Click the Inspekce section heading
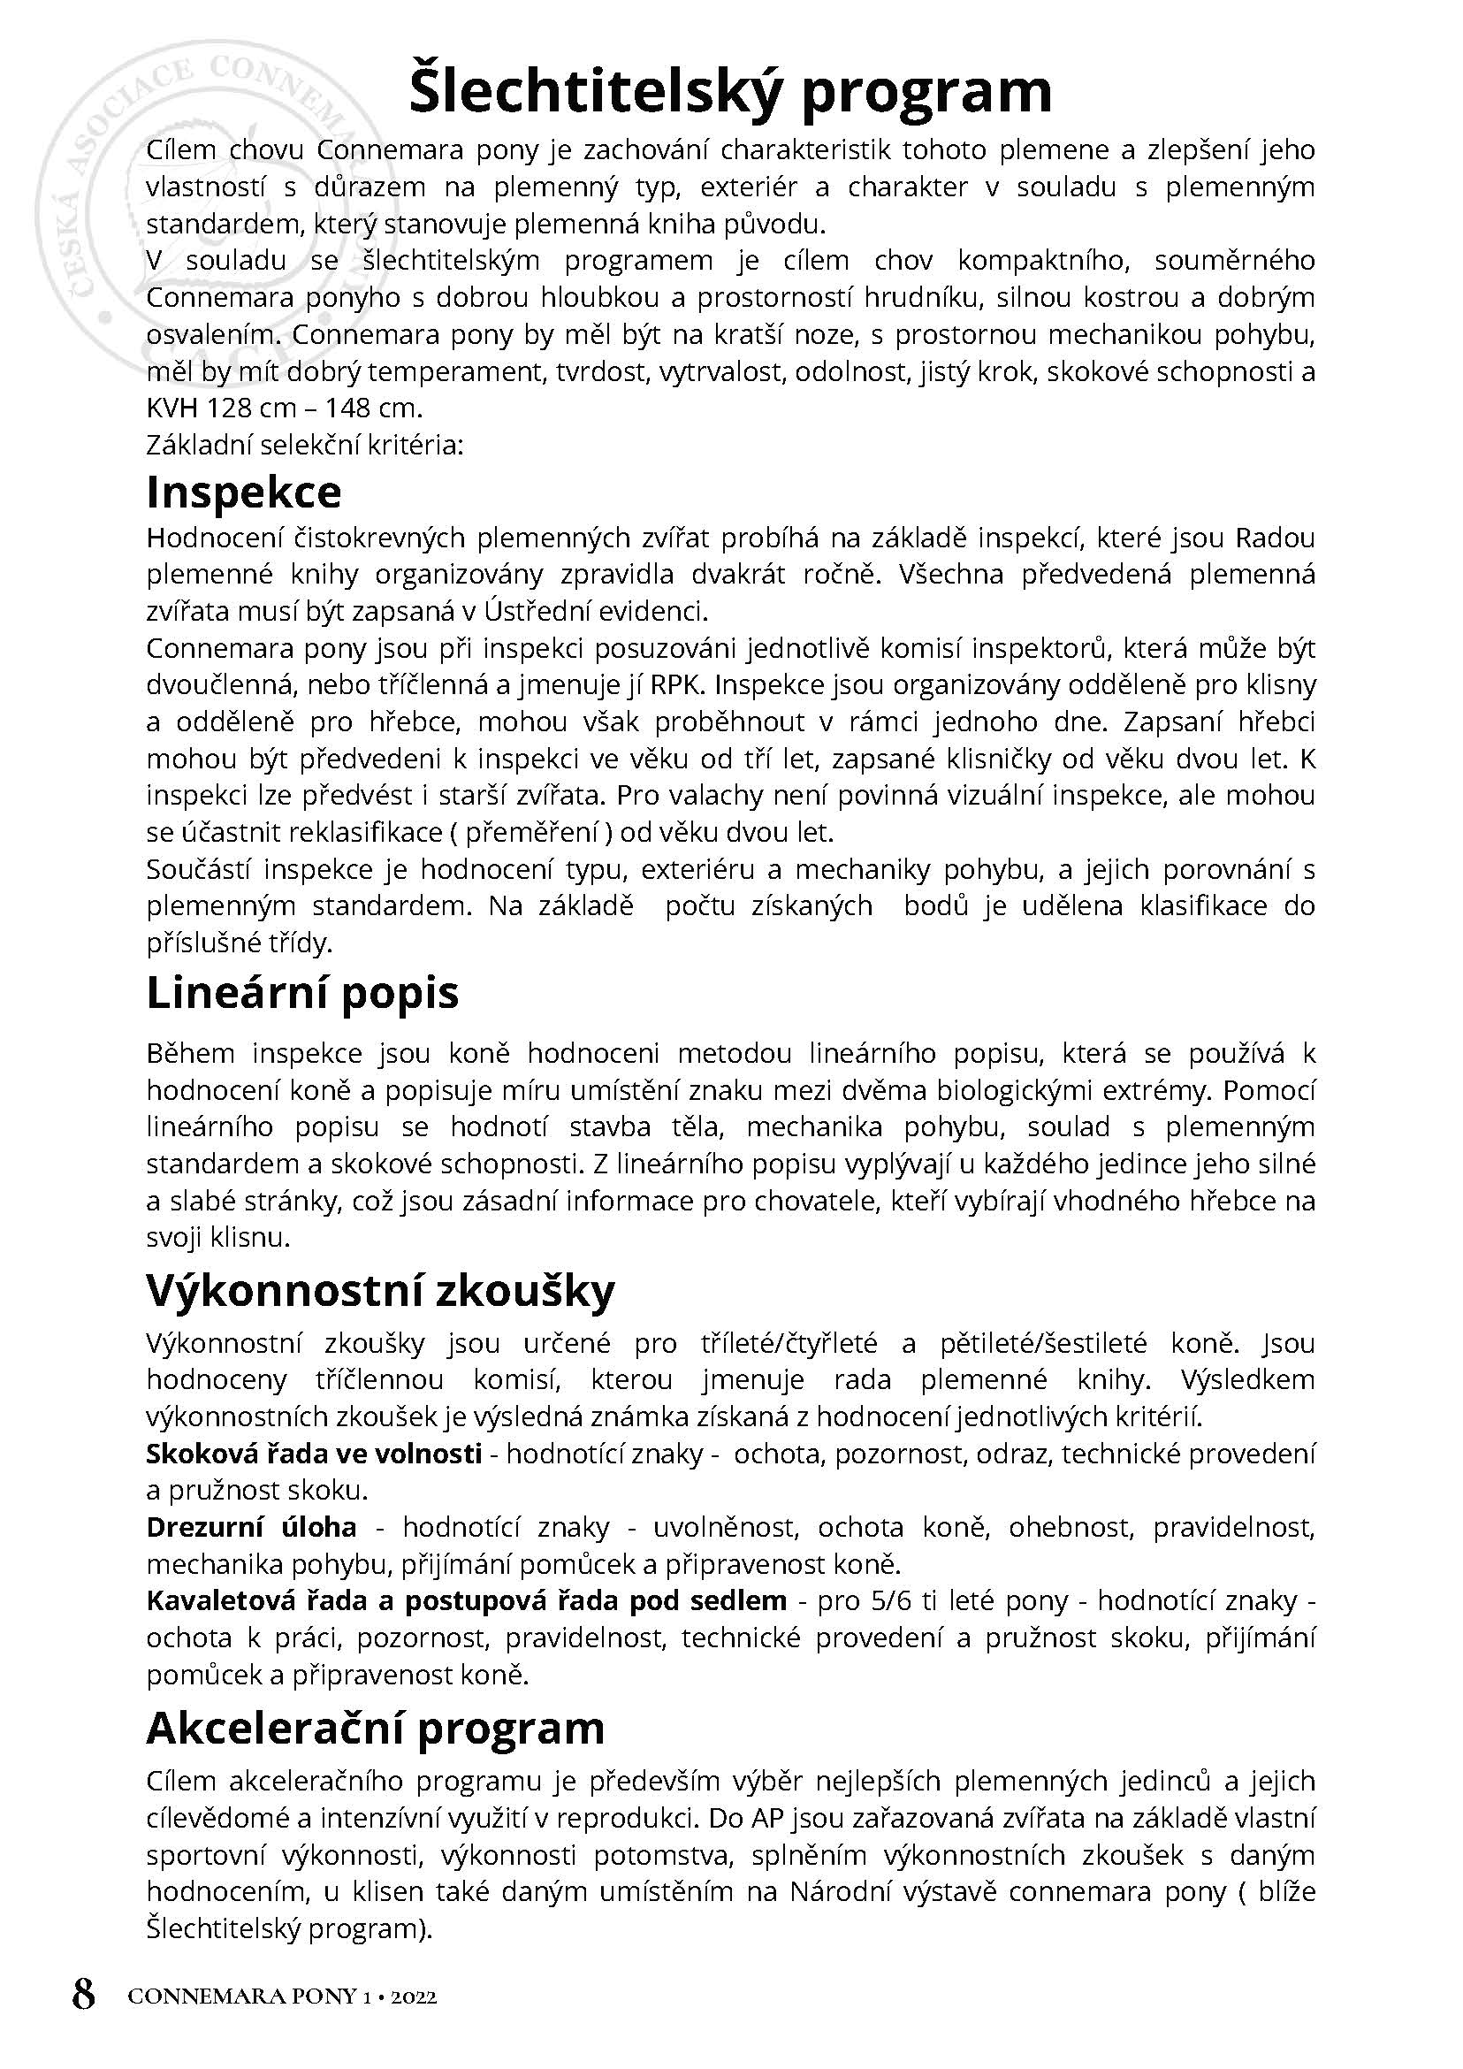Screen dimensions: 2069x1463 (244, 492)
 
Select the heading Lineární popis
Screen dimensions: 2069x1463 (302, 993)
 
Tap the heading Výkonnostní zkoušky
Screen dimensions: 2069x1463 (380, 1290)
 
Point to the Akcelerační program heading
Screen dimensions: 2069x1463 (376, 1728)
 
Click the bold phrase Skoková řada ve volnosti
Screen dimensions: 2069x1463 (315, 1454)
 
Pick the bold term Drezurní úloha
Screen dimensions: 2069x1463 (251, 1527)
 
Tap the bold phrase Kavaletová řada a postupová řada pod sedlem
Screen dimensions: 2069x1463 (467, 1600)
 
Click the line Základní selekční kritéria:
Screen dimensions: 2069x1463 (304, 445)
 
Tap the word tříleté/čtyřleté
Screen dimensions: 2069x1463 (789, 1344)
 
